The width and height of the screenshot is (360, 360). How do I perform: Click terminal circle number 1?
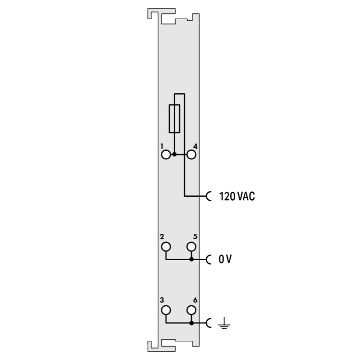pyautogui.click(x=166, y=155)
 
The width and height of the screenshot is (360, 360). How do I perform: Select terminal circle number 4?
pyautogui.click(x=192, y=155)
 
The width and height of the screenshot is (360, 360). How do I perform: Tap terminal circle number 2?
pyautogui.click(x=166, y=247)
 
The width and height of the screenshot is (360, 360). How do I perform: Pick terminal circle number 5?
pyautogui.click(x=191, y=247)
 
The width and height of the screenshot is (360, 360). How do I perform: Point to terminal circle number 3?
pyautogui.click(x=166, y=311)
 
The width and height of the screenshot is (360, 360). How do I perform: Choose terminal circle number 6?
pyautogui.click(x=191, y=311)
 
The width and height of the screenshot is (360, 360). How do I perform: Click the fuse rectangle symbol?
pyautogui.click(x=169, y=119)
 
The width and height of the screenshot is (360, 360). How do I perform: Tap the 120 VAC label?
pyautogui.click(x=237, y=196)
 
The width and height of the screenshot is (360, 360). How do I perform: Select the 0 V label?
pyautogui.click(x=225, y=259)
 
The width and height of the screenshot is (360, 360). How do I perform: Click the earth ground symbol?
pyautogui.click(x=224, y=323)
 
